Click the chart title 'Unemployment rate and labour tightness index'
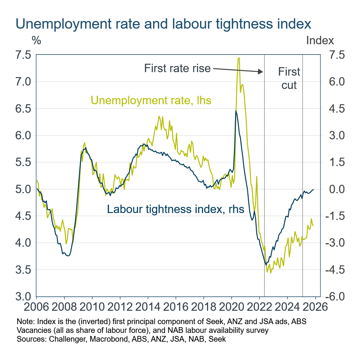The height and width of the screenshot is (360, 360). [x=163, y=24]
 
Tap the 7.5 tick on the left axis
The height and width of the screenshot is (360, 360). [x=23, y=55]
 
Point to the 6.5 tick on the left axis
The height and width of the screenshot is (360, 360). [x=23, y=109]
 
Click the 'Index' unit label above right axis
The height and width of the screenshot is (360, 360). [x=320, y=40]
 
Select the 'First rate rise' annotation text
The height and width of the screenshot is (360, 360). [x=177, y=68]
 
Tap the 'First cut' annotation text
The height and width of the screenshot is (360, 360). [x=289, y=78]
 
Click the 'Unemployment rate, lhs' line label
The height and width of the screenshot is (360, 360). [x=151, y=101]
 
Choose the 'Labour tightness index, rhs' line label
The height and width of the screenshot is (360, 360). [x=176, y=209]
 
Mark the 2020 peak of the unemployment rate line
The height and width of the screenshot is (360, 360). [x=239, y=58]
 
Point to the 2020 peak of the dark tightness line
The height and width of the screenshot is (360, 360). [x=236, y=111]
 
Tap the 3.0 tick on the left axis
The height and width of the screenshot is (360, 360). [x=23, y=297]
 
